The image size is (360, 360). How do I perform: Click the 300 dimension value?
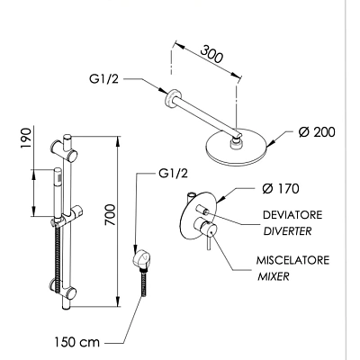(x=211, y=54)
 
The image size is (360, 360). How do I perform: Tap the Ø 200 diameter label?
(x=317, y=132)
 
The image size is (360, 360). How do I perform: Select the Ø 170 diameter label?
(x=281, y=189)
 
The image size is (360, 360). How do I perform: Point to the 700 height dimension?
(x=110, y=215)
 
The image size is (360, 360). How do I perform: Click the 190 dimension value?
(x=26, y=138)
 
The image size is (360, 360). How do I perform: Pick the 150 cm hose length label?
(x=76, y=342)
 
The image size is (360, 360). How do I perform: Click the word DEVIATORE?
(x=292, y=215)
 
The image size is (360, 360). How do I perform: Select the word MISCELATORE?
(x=292, y=260)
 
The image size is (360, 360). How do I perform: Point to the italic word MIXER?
(x=274, y=276)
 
